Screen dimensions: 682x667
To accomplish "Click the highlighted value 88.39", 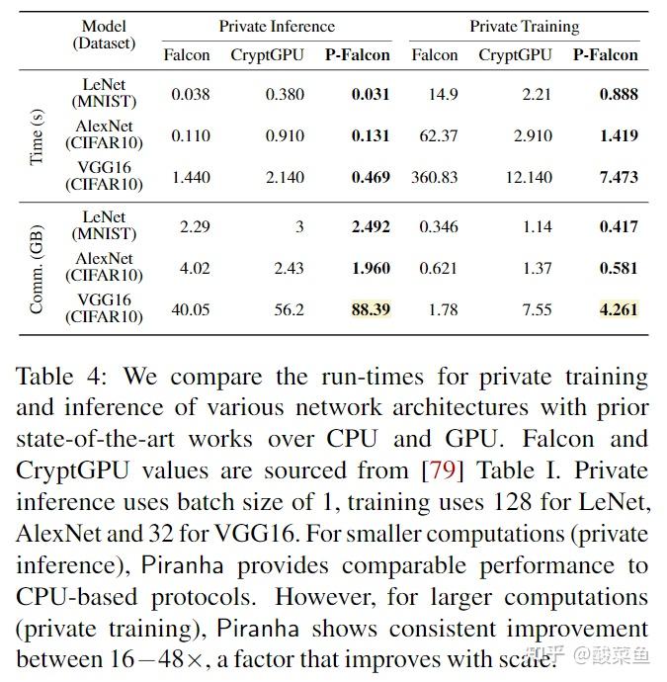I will pos(371,309).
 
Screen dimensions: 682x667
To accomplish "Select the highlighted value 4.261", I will pos(619,309).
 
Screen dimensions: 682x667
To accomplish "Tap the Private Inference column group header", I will pos(277,26).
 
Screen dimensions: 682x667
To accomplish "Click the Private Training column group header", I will pos(524,26).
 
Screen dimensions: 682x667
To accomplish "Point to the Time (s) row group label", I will pos(37,136).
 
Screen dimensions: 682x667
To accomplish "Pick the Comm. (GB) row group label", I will pos(37,269).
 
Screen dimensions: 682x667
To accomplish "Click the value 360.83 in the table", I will pos(435,177).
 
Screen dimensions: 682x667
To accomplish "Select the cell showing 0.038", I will pos(191,95).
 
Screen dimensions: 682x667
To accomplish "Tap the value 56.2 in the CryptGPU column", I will pos(289,309).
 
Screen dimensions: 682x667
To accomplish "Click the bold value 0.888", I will pos(619,95).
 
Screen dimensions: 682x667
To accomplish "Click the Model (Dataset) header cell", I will pos(104,36).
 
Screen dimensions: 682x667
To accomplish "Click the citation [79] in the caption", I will pos(438,470).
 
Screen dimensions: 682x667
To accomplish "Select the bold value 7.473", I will pos(619,177).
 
